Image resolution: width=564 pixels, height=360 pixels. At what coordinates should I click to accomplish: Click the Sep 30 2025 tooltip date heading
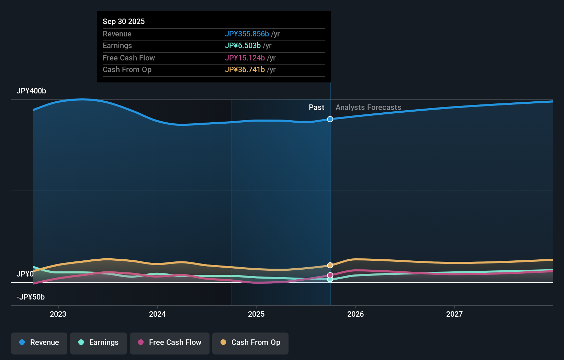124,21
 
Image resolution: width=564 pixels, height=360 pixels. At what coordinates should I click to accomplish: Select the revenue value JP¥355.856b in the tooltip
247,34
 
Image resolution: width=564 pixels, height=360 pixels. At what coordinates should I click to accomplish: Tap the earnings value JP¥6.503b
242,45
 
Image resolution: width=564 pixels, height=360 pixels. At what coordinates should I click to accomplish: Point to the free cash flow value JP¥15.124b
245,58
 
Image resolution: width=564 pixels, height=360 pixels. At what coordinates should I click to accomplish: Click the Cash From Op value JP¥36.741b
245,69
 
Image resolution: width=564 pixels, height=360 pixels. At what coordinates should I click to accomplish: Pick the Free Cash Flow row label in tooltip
129,58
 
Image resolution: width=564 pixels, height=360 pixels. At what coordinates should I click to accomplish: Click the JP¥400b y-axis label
31,91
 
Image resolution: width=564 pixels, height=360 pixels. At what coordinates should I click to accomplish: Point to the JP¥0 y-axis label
25,274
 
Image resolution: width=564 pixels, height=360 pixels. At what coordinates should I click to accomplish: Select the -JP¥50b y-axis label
31,297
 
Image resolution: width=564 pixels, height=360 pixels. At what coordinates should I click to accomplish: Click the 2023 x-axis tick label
58,314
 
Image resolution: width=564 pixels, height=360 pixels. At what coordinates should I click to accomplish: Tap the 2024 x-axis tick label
157,314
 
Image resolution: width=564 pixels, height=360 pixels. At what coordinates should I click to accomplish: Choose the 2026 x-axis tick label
356,314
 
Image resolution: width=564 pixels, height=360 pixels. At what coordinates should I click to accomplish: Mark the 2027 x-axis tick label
454,314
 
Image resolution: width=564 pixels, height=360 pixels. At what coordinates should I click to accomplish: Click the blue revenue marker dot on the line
330,119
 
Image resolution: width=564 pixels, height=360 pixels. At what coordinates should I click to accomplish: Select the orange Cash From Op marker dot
330,265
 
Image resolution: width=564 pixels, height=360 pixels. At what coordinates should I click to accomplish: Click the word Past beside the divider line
316,107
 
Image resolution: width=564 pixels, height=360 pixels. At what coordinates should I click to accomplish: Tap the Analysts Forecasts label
368,107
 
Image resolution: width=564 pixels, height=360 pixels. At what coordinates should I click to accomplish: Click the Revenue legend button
39,342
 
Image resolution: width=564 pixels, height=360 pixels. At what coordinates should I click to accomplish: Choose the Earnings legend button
99,342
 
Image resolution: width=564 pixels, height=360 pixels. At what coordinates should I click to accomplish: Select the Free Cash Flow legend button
170,342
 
